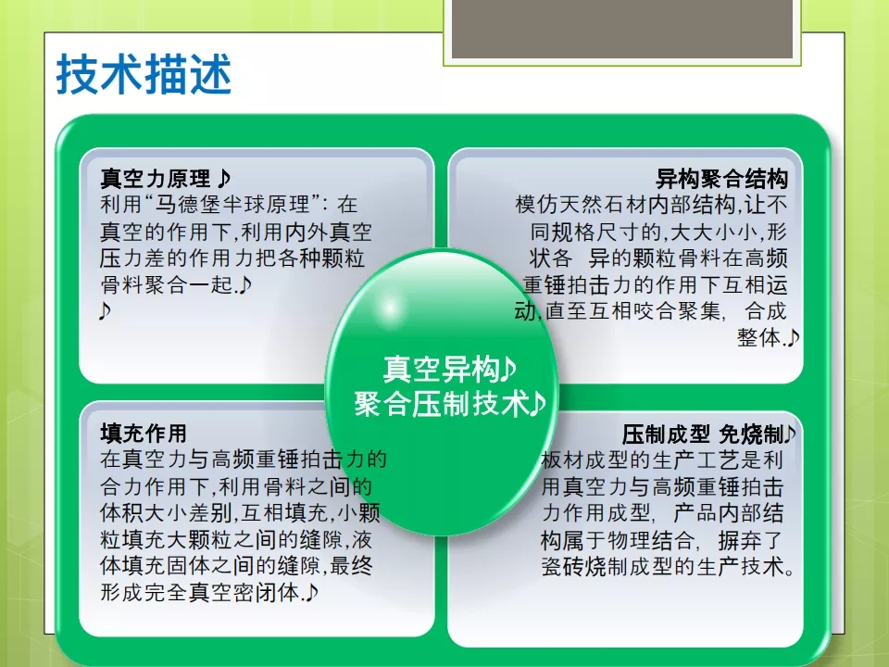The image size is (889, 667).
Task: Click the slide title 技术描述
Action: pyautogui.click(x=144, y=74)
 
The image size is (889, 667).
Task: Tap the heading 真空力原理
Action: pyautogui.click(x=156, y=179)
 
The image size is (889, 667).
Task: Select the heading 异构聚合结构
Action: pyautogui.click(x=721, y=179)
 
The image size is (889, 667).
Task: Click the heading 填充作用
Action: pyautogui.click(x=144, y=434)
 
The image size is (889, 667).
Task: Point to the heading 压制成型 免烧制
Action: pyautogui.click(x=703, y=434)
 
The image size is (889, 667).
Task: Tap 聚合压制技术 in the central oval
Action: pyautogui.click(x=441, y=404)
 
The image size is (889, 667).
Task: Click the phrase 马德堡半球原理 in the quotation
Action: pyautogui.click(x=232, y=204)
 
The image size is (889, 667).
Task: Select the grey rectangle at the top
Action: pyautogui.click(x=622, y=29)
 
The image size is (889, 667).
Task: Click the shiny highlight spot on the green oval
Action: pyautogui.click(x=390, y=308)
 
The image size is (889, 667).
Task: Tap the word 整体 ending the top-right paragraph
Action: pyautogui.click(x=759, y=337)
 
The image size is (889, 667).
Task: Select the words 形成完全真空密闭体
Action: pyautogui.click(x=200, y=593)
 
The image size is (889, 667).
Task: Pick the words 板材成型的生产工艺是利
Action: pyautogui.click(x=662, y=460)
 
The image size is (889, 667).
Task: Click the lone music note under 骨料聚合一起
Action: pyautogui.click(x=105, y=311)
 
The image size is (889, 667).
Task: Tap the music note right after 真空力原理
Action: pyautogui.click(x=224, y=178)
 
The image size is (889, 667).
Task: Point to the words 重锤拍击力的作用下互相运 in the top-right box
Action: pyautogui.click(x=656, y=284)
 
